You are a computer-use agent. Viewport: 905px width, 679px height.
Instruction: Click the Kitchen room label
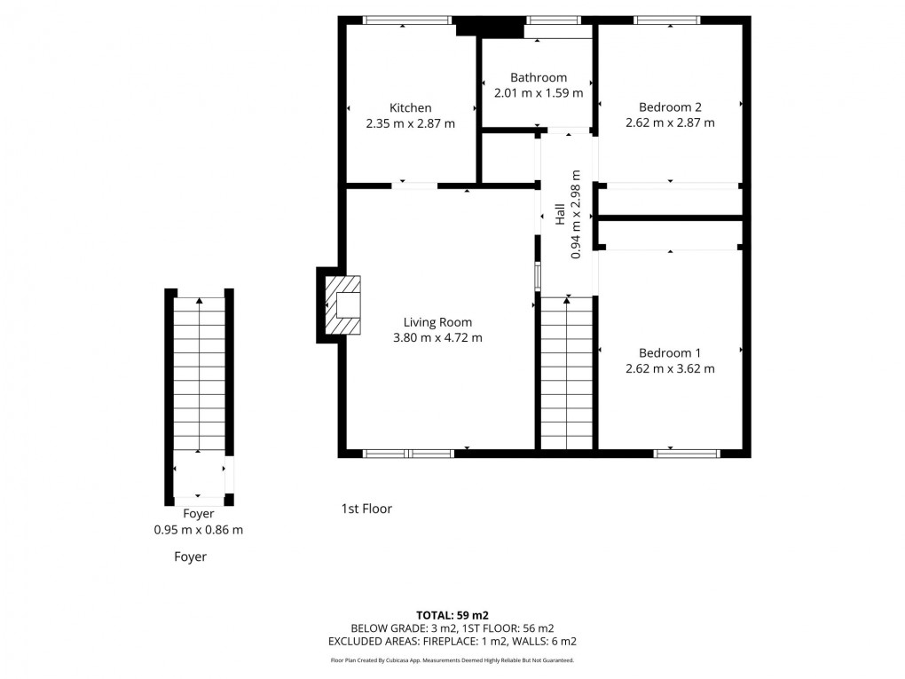pyautogui.click(x=410, y=108)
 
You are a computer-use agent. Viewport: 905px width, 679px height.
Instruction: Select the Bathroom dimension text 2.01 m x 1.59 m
pyautogui.click(x=538, y=92)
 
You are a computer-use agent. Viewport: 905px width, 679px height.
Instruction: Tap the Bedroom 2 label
pyautogui.click(x=670, y=107)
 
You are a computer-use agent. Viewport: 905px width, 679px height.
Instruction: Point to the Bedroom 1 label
pyautogui.click(x=670, y=352)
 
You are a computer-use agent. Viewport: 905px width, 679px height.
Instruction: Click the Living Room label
pyautogui.click(x=437, y=322)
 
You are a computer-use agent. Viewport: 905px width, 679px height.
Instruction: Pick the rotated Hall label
pyautogui.click(x=560, y=214)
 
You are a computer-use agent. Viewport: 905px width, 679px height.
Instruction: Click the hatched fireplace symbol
pyautogui.click(x=344, y=305)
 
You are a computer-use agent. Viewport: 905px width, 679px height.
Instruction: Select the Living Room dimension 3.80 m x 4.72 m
pyautogui.click(x=437, y=337)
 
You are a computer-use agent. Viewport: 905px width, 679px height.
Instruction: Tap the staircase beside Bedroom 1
pyautogui.click(x=566, y=373)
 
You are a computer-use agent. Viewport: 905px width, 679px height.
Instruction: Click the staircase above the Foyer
pyautogui.click(x=199, y=373)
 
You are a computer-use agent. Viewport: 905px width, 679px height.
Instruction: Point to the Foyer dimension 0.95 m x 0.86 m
pyautogui.click(x=198, y=530)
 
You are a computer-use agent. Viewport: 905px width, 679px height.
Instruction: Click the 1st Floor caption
pyautogui.click(x=366, y=509)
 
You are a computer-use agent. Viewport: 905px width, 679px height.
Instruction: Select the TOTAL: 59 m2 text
pyautogui.click(x=452, y=614)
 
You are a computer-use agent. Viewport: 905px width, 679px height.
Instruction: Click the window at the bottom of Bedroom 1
pyautogui.click(x=686, y=454)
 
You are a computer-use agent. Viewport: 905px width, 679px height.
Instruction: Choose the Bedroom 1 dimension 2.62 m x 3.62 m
pyautogui.click(x=670, y=368)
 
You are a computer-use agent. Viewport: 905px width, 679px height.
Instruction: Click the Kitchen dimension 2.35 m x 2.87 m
pyautogui.click(x=410, y=123)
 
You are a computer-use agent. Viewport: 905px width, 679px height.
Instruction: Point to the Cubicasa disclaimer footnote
pyautogui.click(x=452, y=660)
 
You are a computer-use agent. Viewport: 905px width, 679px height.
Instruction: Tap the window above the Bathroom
pyautogui.click(x=553, y=20)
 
